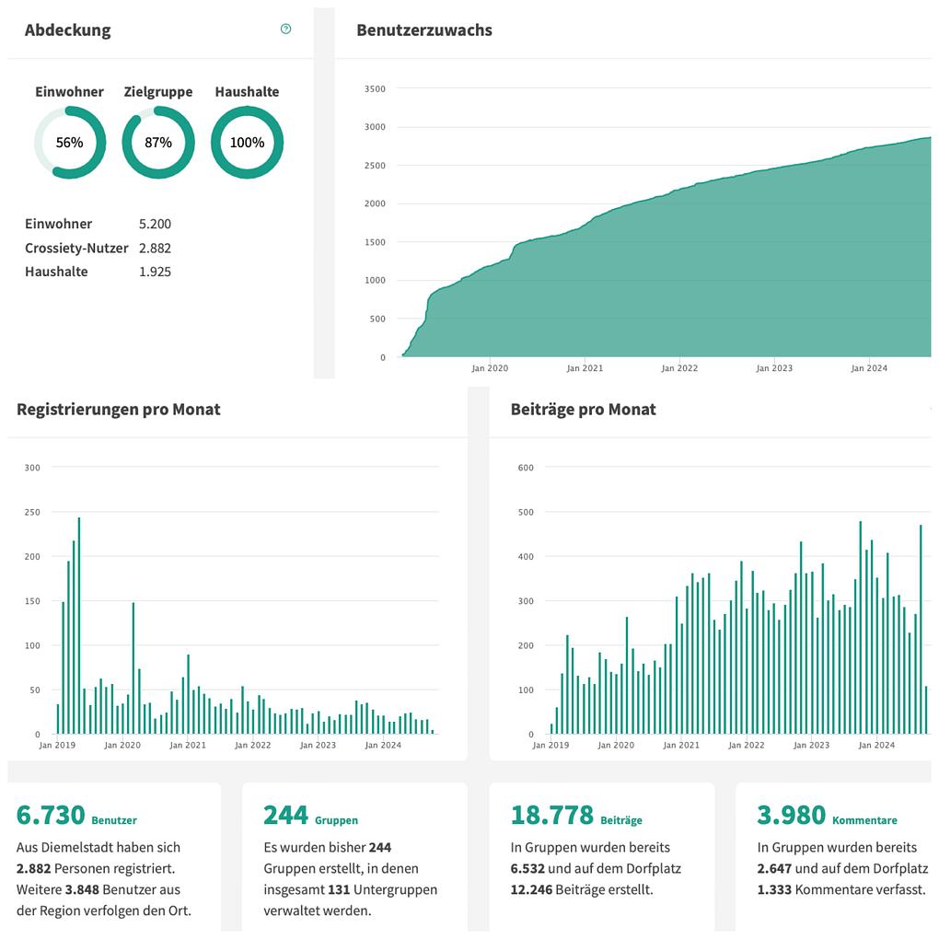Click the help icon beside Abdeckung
pos(285,29)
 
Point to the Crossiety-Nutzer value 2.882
pos(155,248)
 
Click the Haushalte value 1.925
pos(155,272)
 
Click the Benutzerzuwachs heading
pos(424,30)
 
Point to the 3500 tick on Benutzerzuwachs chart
pos(375,89)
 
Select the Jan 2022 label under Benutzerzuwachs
pos(679,368)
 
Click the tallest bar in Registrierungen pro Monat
pos(79,626)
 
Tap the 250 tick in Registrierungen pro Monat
pos(32,512)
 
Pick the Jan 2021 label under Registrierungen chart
pos(188,745)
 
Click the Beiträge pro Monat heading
pos(583,410)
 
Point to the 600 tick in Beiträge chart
pos(526,468)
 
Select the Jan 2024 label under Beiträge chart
pos(876,745)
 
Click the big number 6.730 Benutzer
pos(51,816)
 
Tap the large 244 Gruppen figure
pos(285,816)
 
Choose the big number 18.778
pos(551,816)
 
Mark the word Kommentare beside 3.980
pos(864,820)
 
